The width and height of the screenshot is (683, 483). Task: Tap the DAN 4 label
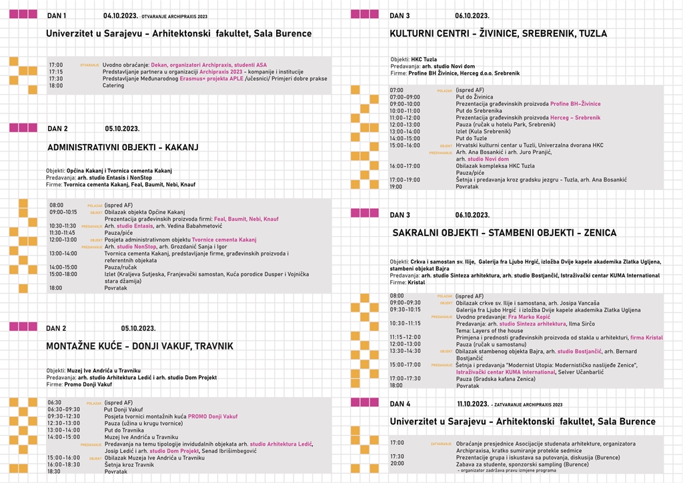[400, 404]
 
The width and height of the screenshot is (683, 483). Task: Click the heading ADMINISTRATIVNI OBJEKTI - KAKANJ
[123, 147]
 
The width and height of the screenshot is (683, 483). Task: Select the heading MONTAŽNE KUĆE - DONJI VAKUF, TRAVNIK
[139, 346]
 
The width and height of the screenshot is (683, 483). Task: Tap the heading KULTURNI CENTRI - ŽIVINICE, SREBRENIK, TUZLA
[498, 33]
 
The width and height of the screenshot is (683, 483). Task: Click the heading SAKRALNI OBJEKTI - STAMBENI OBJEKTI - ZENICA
[504, 233]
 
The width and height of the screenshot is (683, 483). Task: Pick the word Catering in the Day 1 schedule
[113, 85]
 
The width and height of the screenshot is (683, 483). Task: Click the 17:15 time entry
[56, 71]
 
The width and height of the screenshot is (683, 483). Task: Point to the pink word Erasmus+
[197, 79]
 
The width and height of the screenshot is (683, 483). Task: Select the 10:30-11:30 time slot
[63, 225]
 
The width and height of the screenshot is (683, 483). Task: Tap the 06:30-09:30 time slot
[63, 410]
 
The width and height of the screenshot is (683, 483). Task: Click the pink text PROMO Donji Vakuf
[213, 416]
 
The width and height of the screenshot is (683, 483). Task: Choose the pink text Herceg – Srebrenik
[575, 117]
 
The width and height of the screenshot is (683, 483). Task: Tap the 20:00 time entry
[397, 463]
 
